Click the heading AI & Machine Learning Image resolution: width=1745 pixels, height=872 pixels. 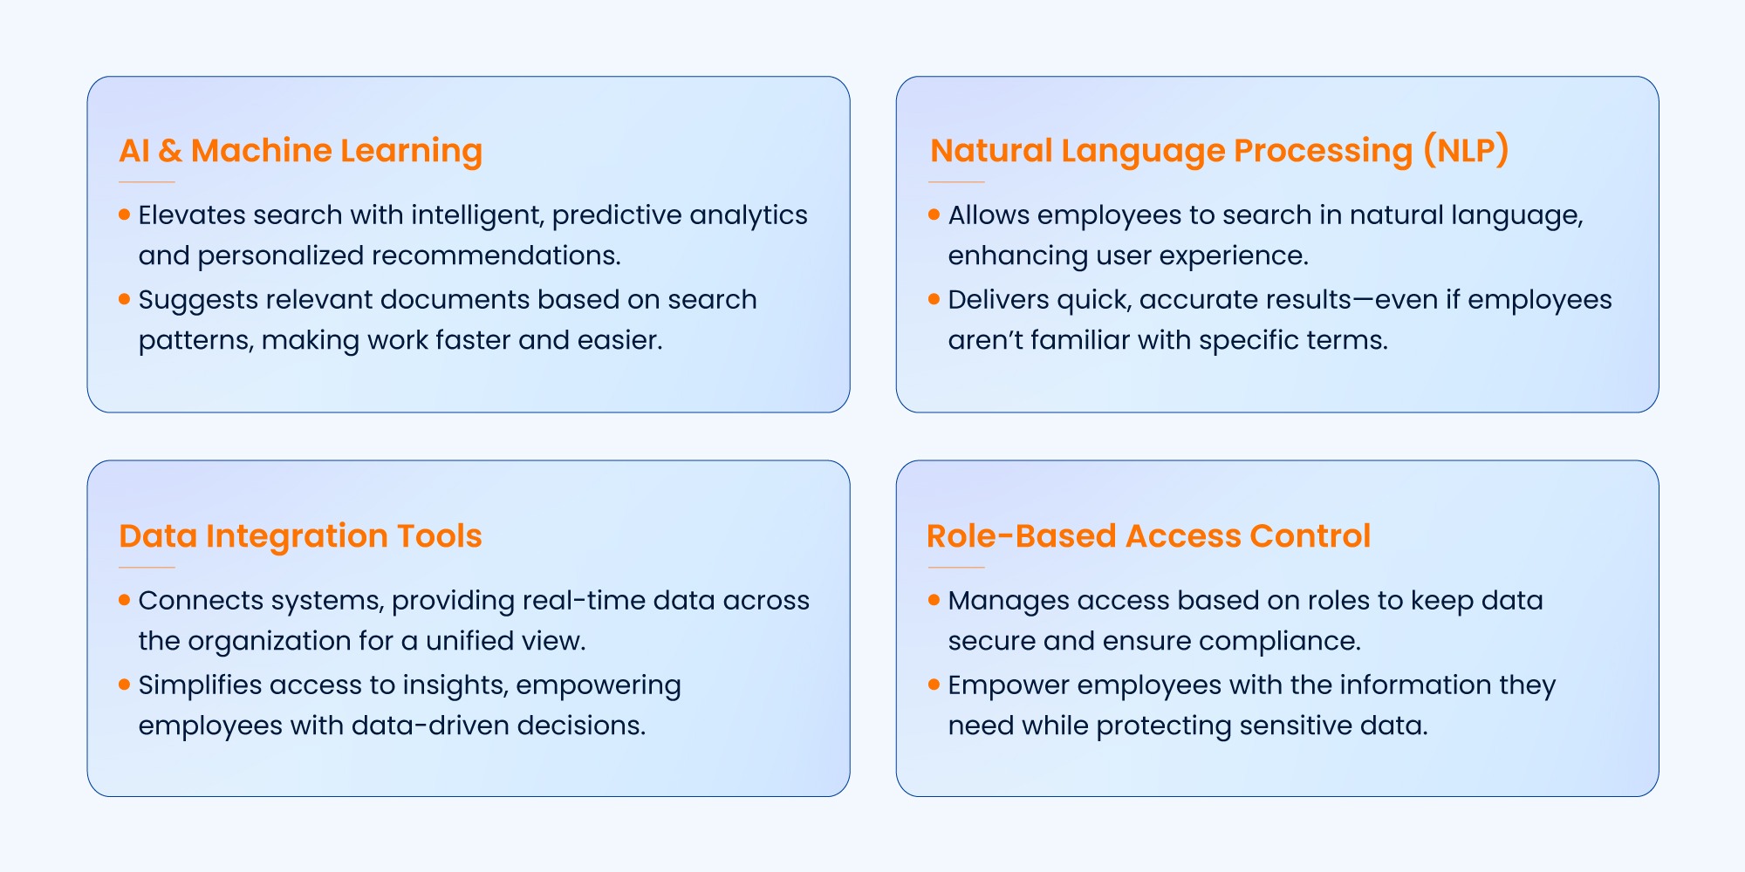(x=300, y=151)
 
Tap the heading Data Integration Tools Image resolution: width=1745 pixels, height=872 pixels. (x=300, y=536)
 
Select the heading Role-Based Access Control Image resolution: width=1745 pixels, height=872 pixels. (x=1148, y=536)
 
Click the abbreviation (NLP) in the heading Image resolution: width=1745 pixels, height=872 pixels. (x=1466, y=151)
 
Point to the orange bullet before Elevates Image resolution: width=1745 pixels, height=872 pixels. (x=125, y=214)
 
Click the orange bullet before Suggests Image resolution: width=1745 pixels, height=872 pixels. (x=125, y=298)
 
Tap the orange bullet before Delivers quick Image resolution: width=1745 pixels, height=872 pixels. (x=934, y=298)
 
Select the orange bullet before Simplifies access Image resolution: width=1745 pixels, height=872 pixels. (x=125, y=684)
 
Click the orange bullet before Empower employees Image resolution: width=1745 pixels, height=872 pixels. (x=934, y=684)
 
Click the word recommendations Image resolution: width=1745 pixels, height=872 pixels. (x=496, y=255)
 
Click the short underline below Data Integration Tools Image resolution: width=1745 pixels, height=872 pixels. (x=147, y=568)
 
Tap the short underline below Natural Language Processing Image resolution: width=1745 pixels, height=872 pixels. (x=956, y=182)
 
